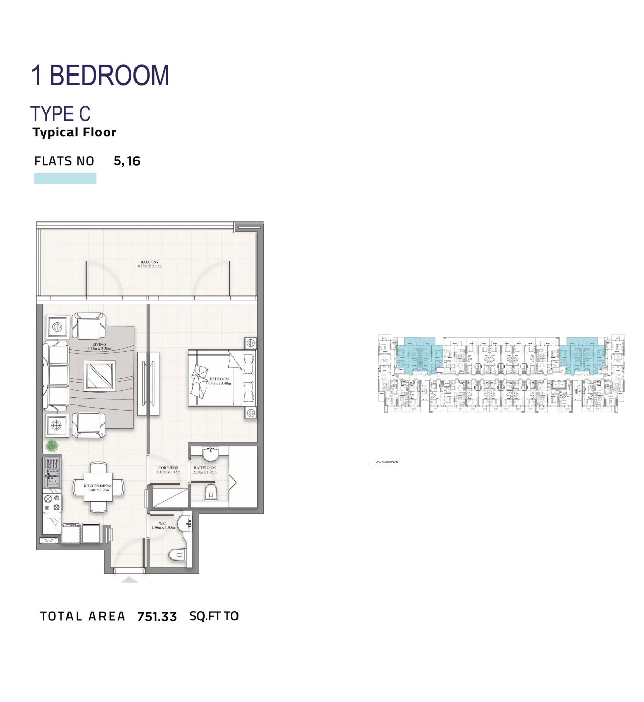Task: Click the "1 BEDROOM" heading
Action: pyautogui.click(x=100, y=76)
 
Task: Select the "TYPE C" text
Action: pyautogui.click(x=60, y=114)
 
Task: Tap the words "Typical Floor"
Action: pyautogui.click(x=75, y=133)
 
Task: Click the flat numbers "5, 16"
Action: pyautogui.click(x=127, y=161)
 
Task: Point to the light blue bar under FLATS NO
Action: pyautogui.click(x=65, y=178)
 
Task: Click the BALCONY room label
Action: pyautogui.click(x=150, y=264)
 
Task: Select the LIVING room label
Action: pyautogui.click(x=99, y=346)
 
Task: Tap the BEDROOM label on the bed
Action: pyautogui.click(x=219, y=381)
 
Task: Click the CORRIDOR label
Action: pyautogui.click(x=168, y=470)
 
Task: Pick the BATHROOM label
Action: pyautogui.click(x=205, y=470)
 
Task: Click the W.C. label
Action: pyautogui.click(x=163, y=525)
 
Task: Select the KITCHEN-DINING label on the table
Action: pyautogui.click(x=98, y=488)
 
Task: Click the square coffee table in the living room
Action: pyautogui.click(x=99, y=376)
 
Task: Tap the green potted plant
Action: pyautogui.click(x=51, y=446)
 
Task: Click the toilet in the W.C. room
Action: pyautogui.click(x=176, y=555)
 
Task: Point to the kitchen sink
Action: pyautogui.click(x=52, y=477)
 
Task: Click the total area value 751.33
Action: pyautogui.click(x=157, y=617)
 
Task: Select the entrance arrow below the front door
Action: pyautogui.click(x=129, y=579)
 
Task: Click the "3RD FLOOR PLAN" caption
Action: pyautogui.click(x=387, y=462)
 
